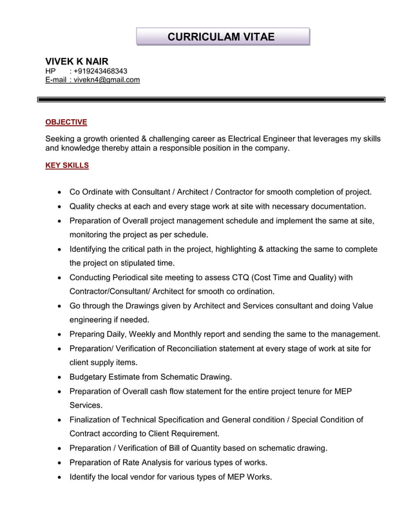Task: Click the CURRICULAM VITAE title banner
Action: click(222, 37)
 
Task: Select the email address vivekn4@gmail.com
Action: click(107, 80)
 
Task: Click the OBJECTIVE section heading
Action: click(66, 122)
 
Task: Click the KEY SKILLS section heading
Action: click(67, 166)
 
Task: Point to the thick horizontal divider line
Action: click(211, 100)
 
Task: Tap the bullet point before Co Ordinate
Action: click(59, 192)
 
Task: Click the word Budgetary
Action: click(90, 377)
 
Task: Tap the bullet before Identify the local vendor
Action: click(59, 477)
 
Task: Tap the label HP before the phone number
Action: click(50, 71)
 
